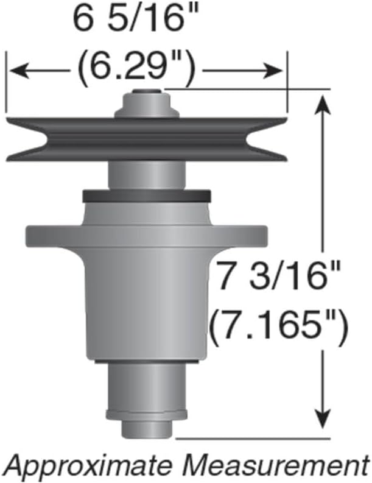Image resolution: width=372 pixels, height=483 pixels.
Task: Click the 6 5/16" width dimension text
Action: click(x=136, y=18)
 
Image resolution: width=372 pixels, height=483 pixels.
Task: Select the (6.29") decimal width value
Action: click(x=136, y=70)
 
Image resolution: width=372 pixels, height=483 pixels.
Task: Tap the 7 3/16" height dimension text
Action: click(x=279, y=276)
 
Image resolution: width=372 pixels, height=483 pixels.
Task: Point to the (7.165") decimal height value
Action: click(x=279, y=327)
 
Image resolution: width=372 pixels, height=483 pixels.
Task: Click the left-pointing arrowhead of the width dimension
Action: click(x=19, y=71)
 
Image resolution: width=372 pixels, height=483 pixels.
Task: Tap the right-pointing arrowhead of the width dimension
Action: click(x=273, y=71)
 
